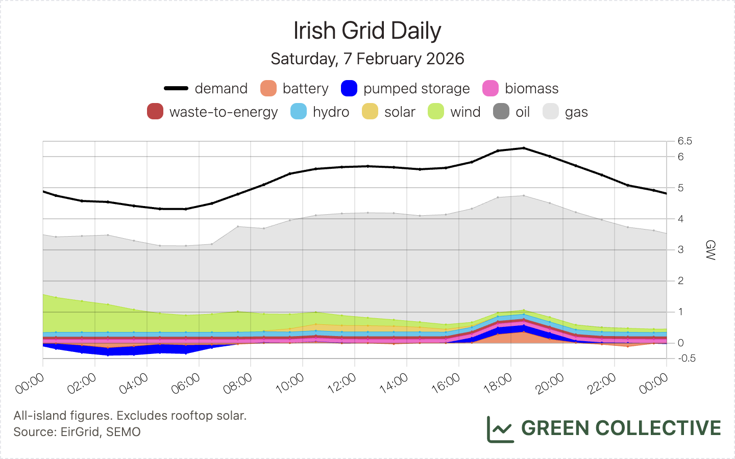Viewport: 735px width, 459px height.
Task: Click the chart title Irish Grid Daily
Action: click(367, 31)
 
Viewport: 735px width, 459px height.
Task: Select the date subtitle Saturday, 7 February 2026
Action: click(367, 59)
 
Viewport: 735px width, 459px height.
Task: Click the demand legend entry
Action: click(206, 88)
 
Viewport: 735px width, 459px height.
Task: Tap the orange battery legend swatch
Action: click(268, 88)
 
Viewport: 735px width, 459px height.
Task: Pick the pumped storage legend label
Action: click(416, 88)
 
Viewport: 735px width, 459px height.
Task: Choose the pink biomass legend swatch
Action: click(491, 88)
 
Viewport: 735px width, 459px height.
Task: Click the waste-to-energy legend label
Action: click(224, 112)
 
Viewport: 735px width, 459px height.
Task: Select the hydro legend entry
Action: click(320, 112)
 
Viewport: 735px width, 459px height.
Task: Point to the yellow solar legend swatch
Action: click(370, 112)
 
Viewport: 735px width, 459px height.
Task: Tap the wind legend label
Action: click(465, 112)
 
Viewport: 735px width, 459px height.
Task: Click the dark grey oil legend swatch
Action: click(501, 112)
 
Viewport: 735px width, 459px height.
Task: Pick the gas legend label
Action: click(576, 112)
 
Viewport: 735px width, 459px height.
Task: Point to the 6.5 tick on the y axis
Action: click(685, 141)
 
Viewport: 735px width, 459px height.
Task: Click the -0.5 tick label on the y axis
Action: click(687, 358)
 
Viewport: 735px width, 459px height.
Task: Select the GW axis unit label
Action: click(710, 250)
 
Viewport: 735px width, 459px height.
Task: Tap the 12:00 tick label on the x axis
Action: click(342, 384)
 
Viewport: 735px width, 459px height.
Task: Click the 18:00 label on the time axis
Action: click(498, 384)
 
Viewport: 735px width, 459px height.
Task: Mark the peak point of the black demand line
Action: click(524, 148)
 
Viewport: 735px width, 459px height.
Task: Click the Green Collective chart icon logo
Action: click(500, 429)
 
